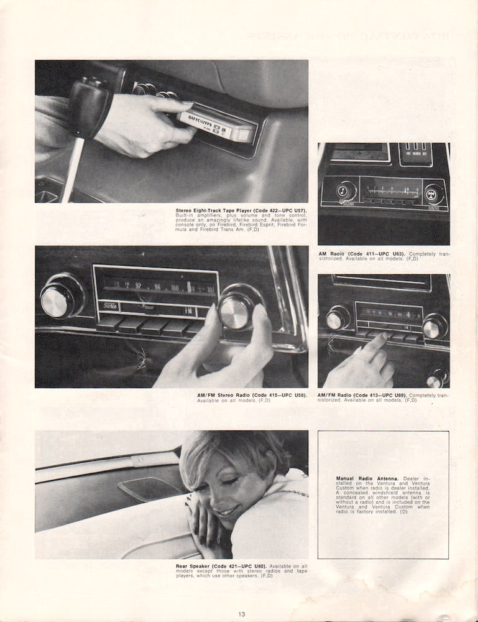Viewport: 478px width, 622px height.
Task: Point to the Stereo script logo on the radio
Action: (x=109, y=305)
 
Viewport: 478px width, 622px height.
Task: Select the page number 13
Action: (x=241, y=615)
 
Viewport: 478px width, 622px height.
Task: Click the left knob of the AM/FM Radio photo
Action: (x=338, y=318)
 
